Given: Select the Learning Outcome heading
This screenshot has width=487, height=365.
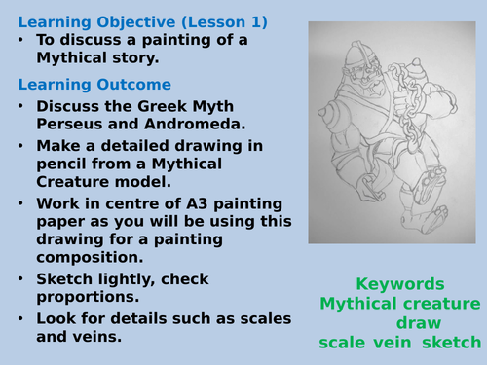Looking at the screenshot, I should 94,85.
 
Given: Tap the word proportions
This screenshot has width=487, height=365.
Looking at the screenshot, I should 87,297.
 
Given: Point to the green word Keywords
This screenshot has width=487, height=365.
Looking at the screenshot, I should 399,285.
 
